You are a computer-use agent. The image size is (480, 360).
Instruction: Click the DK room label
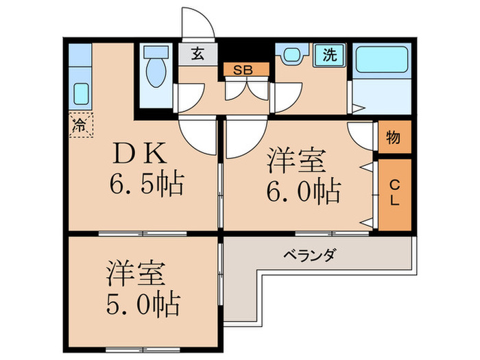(141, 154)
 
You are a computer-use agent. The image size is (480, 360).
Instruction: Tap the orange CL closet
(394, 194)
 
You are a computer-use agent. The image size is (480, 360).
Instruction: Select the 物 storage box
(394, 138)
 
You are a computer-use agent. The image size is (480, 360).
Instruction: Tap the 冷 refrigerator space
(80, 125)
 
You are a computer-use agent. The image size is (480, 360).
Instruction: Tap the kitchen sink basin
(80, 93)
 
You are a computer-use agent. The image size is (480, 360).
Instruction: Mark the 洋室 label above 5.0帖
(135, 272)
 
